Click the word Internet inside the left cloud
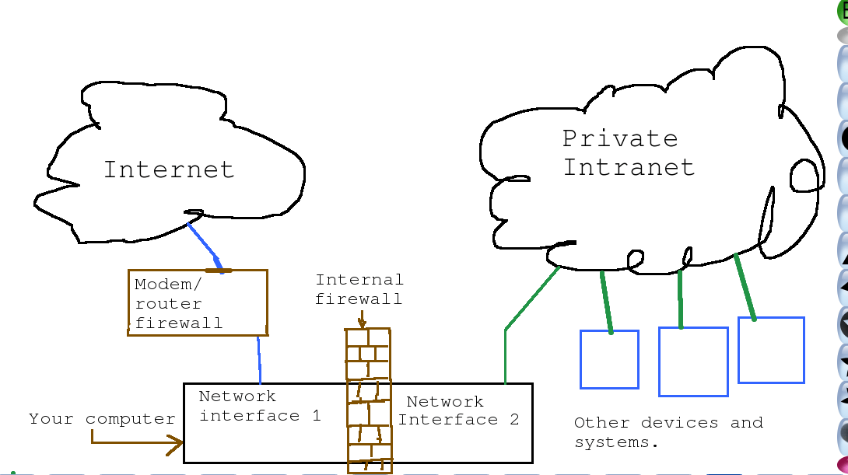[169, 169]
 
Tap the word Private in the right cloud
[620, 139]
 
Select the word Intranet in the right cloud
[629, 167]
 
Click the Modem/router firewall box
[197, 303]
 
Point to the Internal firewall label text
[359, 288]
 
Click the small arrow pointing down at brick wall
[362, 319]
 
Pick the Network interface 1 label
[259, 406]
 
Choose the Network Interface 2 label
[459, 410]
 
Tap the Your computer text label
[102, 419]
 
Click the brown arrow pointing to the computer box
[136, 443]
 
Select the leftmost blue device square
[609, 359]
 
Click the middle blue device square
[692, 361]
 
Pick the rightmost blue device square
[770, 350]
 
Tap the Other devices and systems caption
[668, 432]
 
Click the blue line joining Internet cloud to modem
[205, 244]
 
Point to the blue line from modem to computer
[258, 359]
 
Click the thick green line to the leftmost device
[606, 302]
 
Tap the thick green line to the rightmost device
[745, 286]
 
